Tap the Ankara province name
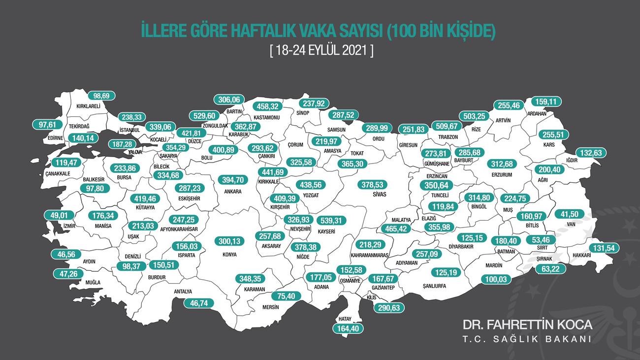pyautogui.click(x=233, y=191)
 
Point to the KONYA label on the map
pyautogui.click(x=229, y=255)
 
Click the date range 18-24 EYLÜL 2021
pyautogui.click(x=321, y=51)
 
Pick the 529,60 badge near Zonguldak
pyautogui.click(x=204, y=116)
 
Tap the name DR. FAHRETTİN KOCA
pyautogui.click(x=527, y=325)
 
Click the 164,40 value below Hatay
pyautogui.click(x=348, y=327)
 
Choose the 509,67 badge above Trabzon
pyautogui.click(x=445, y=126)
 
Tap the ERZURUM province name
pyautogui.click(x=502, y=175)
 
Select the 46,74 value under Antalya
pyautogui.click(x=198, y=303)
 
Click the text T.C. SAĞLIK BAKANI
pyautogui.click(x=527, y=339)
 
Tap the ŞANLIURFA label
pyautogui.click(x=437, y=285)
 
